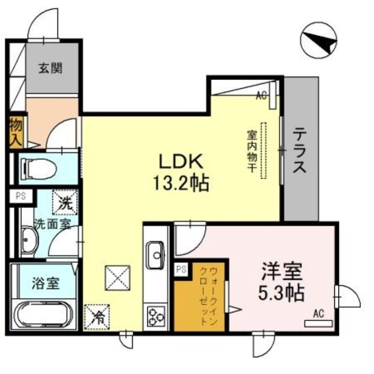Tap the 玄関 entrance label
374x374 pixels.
tap(50, 68)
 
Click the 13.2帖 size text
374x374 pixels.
tap(180, 183)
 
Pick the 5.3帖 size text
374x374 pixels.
tap(281, 293)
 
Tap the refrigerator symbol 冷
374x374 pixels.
tap(96, 317)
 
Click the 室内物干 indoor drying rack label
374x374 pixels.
tap(251, 151)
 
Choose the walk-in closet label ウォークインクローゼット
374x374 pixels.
tap(208, 295)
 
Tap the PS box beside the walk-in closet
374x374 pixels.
tap(181, 269)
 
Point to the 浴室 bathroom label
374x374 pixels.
tap(45, 283)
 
